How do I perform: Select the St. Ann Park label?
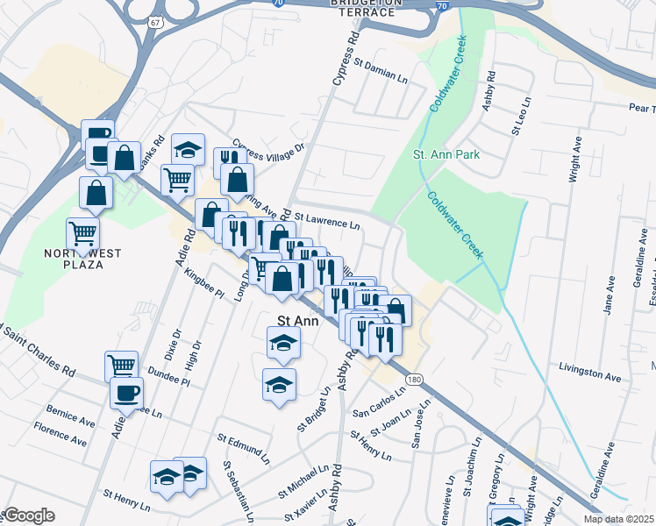click(x=446, y=154)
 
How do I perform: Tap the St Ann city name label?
click(x=296, y=321)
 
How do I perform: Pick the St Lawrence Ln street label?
click(x=327, y=219)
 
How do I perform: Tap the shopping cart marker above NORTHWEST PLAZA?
click(x=83, y=233)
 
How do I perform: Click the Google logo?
click(x=29, y=515)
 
